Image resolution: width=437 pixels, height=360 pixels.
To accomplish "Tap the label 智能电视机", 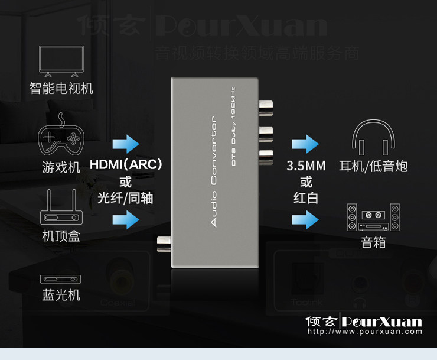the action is [61, 89].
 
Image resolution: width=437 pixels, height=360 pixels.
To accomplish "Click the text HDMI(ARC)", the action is [126, 164].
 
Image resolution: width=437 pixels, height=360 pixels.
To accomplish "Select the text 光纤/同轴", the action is [125, 198].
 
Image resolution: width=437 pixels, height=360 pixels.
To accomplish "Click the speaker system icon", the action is [373, 217].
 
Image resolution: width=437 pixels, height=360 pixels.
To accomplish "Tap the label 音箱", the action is [373, 242].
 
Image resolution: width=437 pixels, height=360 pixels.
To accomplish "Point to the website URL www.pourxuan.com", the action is [364, 332].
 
